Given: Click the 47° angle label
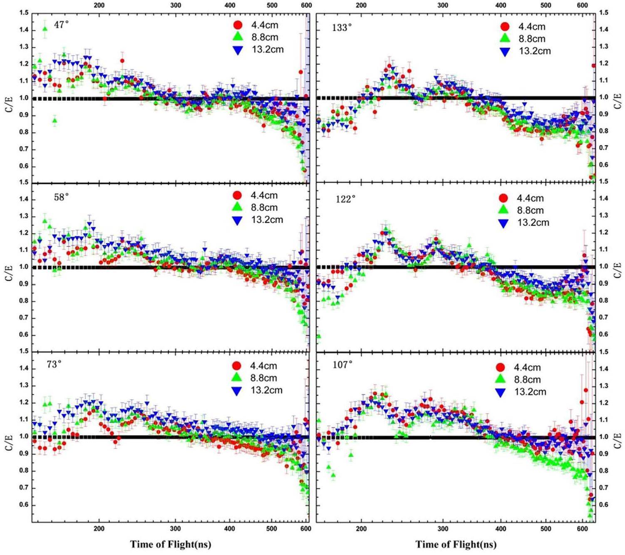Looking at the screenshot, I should click(x=61, y=25).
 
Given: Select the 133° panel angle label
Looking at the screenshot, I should click(x=342, y=28).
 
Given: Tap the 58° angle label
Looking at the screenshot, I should click(x=61, y=197).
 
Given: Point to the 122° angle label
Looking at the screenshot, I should click(x=345, y=199).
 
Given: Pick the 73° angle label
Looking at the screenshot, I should click(x=54, y=364).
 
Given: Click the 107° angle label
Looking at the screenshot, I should click(x=342, y=365).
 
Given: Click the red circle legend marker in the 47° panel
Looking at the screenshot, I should click(x=238, y=25).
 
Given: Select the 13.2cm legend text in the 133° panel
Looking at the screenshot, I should click(x=534, y=51).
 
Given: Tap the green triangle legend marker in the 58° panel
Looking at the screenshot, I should click(x=237, y=207).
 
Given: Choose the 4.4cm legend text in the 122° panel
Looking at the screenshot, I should click(x=530, y=198).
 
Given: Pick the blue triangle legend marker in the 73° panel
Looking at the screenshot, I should click(x=237, y=391).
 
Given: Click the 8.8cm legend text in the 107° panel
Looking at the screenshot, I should click(x=527, y=379).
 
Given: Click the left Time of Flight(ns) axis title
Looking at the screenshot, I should click(x=171, y=544).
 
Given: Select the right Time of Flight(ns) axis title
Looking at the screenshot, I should click(x=456, y=544).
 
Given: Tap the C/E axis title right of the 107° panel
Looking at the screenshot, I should click(x=617, y=438).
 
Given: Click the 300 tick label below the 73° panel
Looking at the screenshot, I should click(x=175, y=529).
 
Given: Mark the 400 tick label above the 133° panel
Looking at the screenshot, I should click(x=501, y=5).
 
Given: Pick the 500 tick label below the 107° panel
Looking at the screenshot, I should click(x=546, y=529).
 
